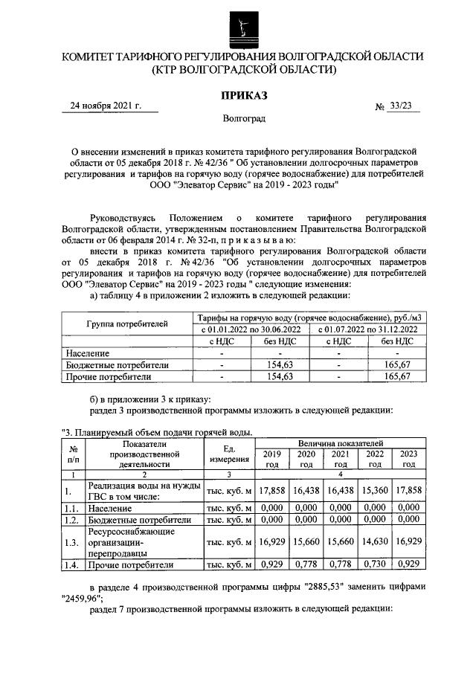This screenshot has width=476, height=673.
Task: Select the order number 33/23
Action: pos(400,106)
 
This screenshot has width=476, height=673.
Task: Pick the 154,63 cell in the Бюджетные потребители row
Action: pos(285,365)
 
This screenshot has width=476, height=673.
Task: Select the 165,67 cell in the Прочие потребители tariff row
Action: pos(398,377)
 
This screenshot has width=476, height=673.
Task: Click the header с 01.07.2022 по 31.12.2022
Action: pos(370,329)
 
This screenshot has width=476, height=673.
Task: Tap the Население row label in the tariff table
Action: pos(88,353)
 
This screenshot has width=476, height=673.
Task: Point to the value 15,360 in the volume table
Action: pos(375,491)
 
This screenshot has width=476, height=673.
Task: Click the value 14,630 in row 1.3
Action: pos(375,544)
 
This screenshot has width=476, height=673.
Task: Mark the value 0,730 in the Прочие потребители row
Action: pos(375,565)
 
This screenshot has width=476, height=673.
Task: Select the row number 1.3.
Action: pos(71,544)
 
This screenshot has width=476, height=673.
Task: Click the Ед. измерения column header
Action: pos(229,453)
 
